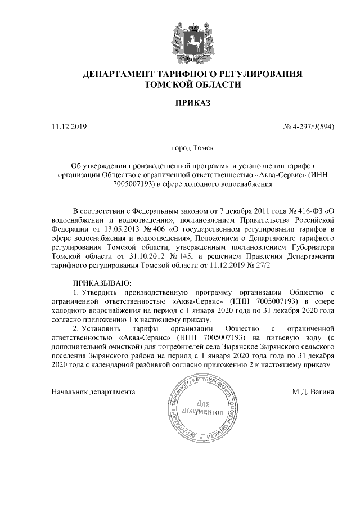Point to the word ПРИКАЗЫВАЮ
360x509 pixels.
[x=102, y=282]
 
